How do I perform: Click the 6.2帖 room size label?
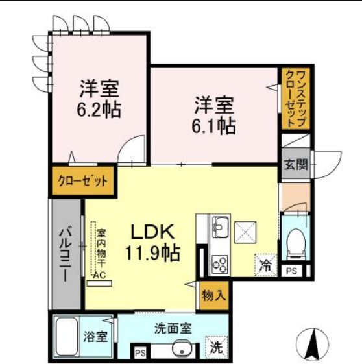pos(99,107)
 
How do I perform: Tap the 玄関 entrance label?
pos(295,164)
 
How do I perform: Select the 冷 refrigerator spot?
pos(265,265)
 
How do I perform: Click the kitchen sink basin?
pos(219,227)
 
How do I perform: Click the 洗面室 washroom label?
pos(173,329)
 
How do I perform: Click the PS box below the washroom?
pos(140,354)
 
